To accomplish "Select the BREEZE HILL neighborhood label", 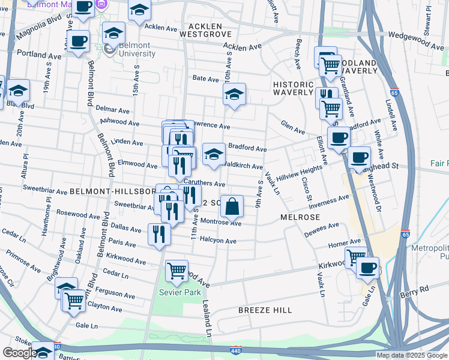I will [x=265, y=310].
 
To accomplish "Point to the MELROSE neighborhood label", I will [x=298, y=216].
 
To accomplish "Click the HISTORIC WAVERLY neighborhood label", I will [x=293, y=88].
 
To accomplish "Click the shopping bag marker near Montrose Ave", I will [x=232, y=207].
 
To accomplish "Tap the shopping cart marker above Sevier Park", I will [x=176, y=271].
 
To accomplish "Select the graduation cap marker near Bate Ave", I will [x=235, y=94].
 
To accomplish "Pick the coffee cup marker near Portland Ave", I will [x=78, y=42].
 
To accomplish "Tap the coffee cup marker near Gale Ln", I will [x=367, y=267].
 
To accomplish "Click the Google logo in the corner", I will [x=19, y=353].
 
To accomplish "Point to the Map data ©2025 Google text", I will [x=412, y=355].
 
